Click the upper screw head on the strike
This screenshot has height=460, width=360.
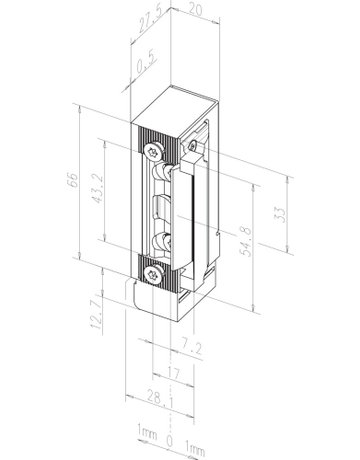point(153,150)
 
